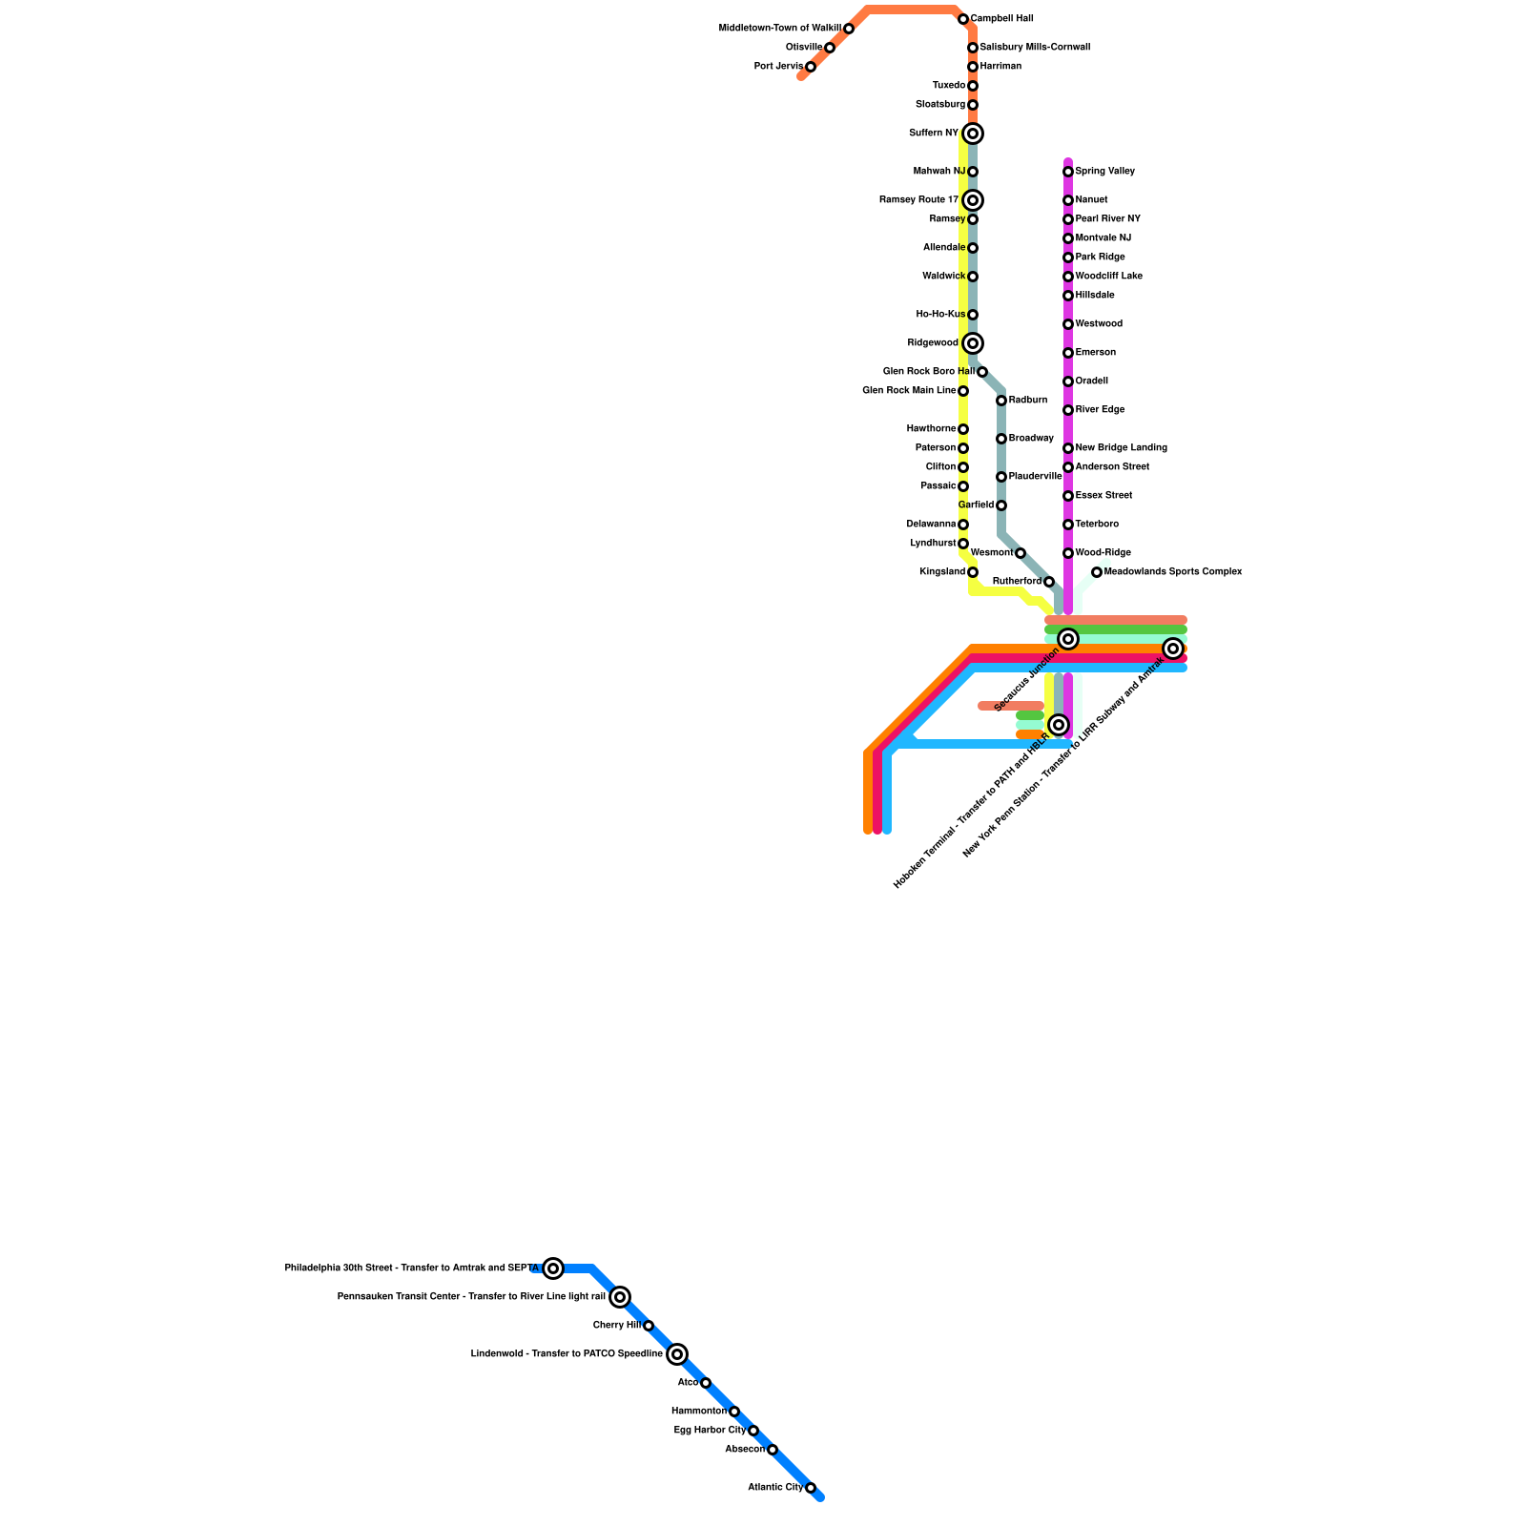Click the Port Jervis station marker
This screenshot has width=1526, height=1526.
click(810, 67)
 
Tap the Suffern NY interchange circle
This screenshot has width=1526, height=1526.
click(972, 134)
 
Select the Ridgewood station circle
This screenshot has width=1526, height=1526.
click(972, 343)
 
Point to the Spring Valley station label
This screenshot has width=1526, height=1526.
click(1104, 172)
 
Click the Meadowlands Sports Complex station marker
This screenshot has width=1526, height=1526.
click(1097, 572)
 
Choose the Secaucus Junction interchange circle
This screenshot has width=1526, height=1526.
click(1068, 639)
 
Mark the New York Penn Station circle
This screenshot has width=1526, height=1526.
click(1173, 649)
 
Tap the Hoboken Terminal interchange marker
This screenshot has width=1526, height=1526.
click(1059, 725)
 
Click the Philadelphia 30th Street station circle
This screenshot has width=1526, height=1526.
click(553, 1268)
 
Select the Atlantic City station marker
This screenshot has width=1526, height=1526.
click(811, 1488)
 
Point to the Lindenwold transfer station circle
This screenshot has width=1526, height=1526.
click(677, 1354)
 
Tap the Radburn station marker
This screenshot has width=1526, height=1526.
click(1001, 401)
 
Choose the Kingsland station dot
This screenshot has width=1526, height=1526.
click(972, 572)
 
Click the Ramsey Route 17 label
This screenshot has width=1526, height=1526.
click(918, 200)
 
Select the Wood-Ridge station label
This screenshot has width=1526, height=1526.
click(1103, 553)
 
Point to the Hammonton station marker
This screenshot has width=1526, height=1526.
click(733, 1412)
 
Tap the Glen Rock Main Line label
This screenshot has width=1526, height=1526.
click(909, 391)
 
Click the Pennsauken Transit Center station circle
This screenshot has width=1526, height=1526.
click(620, 1297)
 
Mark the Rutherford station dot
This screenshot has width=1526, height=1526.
click(1048, 582)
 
